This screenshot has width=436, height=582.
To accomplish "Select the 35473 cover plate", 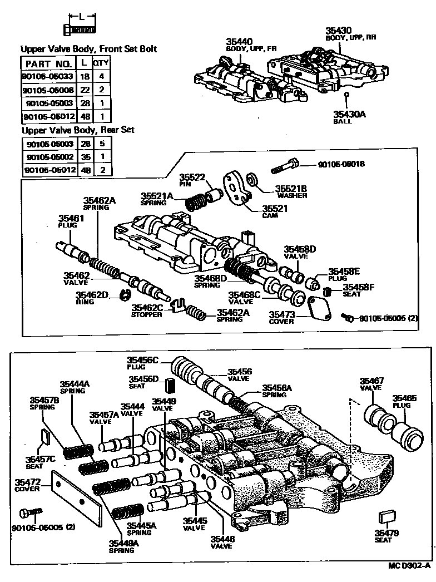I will tap(318, 307).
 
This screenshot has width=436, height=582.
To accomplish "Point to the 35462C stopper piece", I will tap(177, 304).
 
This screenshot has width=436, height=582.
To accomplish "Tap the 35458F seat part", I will tap(328, 292).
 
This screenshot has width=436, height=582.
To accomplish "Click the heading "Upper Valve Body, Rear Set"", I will tap(77, 130).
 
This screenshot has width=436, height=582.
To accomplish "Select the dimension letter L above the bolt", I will tap(82, 16).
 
